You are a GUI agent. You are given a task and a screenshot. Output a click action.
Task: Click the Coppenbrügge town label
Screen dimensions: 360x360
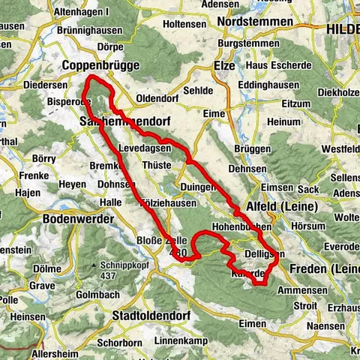(100, 65)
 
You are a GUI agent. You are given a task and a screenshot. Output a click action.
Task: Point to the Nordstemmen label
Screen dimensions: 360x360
(254, 22)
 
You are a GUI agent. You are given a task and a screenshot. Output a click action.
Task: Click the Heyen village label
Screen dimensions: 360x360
(72, 184)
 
